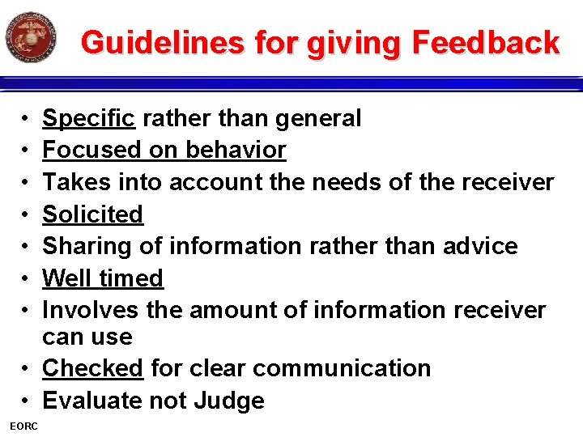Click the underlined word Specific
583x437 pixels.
[88, 119]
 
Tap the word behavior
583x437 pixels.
[236, 151]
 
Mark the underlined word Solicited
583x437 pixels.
[92, 214]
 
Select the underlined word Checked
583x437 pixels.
[92, 368]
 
